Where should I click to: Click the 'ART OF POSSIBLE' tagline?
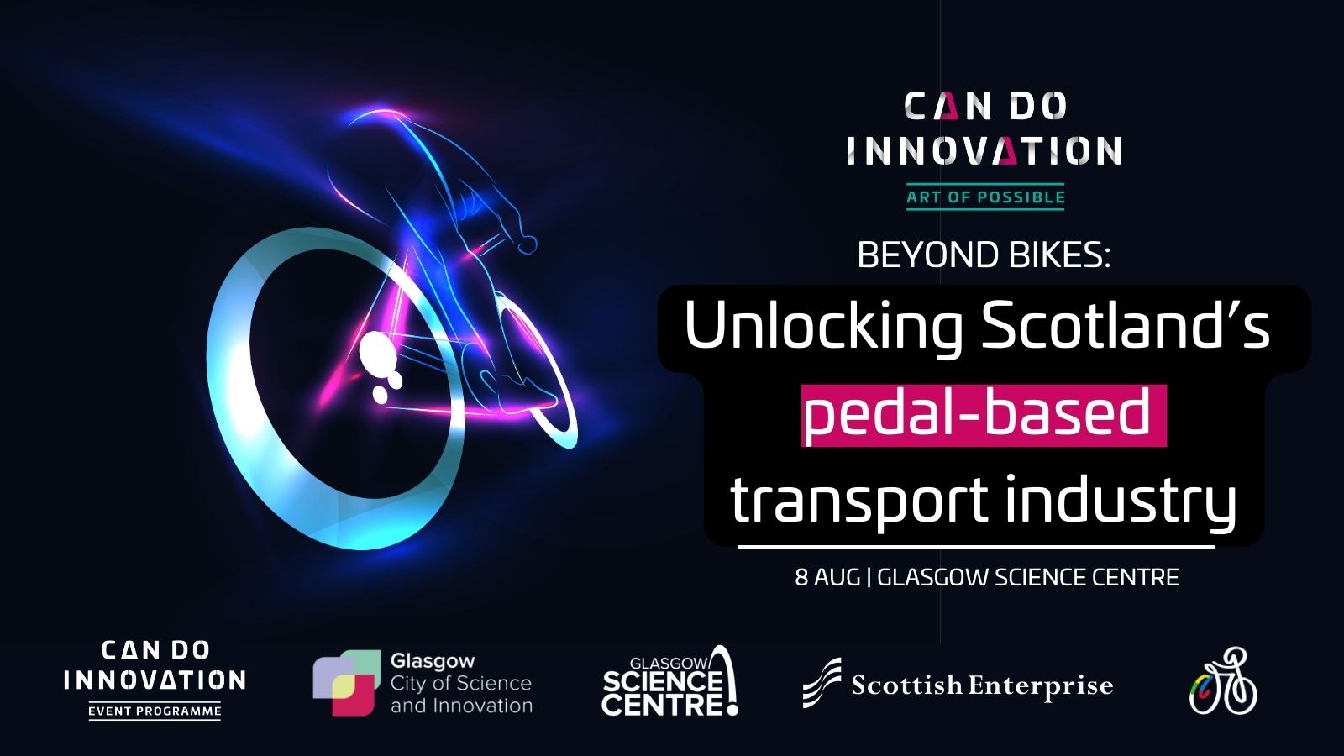coord(985,197)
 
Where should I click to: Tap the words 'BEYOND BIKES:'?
coord(984,255)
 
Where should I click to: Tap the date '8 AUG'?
coord(827,577)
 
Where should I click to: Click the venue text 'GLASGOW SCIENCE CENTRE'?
coord(1028,577)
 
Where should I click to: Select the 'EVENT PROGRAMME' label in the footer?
coord(155,711)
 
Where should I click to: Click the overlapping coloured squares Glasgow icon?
coord(347,683)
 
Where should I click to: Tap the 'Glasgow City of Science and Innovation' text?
coord(461,684)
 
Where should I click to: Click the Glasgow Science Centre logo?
coord(670,681)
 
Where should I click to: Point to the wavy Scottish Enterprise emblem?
coord(822,683)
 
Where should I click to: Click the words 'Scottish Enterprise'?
coord(982,685)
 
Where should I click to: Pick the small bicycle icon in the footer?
coord(1223,681)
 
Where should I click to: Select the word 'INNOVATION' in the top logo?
coord(984,150)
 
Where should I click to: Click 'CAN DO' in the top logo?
coord(985,106)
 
